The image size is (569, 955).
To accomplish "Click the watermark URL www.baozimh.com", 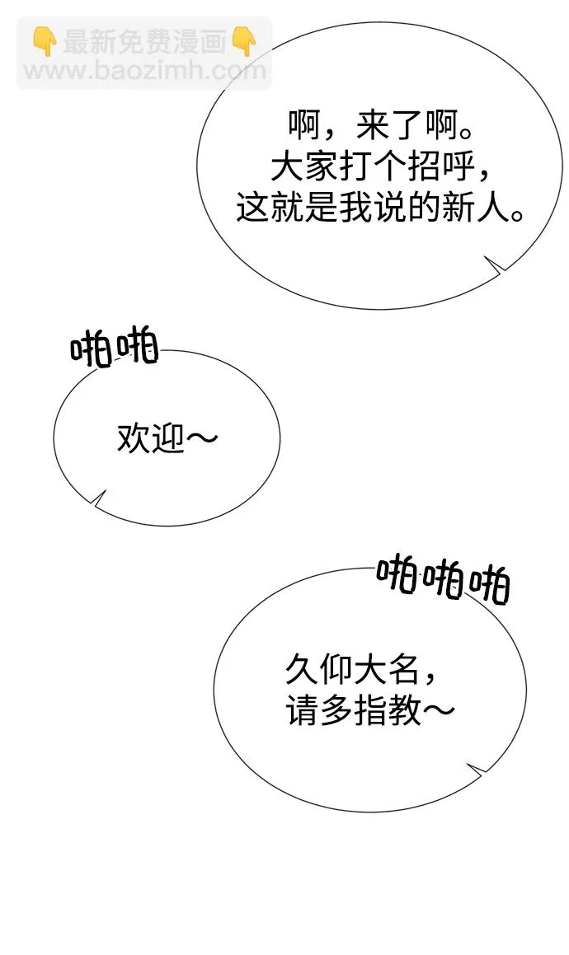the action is (x=145, y=71).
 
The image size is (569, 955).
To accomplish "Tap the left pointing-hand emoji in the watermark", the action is (x=45, y=41).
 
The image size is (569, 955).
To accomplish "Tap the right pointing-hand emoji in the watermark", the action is (x=245, y=41).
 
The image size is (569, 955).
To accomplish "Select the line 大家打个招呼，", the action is (x=380, y=167).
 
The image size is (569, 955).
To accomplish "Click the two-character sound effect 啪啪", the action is (x=114, y=349).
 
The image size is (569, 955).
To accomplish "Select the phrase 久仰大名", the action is (x=352, y=670).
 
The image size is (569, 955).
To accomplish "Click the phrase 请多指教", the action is (x=353, y=710).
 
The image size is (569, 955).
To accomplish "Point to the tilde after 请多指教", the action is (x=438, y=710).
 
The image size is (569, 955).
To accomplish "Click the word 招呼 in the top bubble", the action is (x=441, y=167).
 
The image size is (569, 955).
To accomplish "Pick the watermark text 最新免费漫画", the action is (x=144, y=42).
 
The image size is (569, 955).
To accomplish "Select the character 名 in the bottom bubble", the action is (x=402, y=670).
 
